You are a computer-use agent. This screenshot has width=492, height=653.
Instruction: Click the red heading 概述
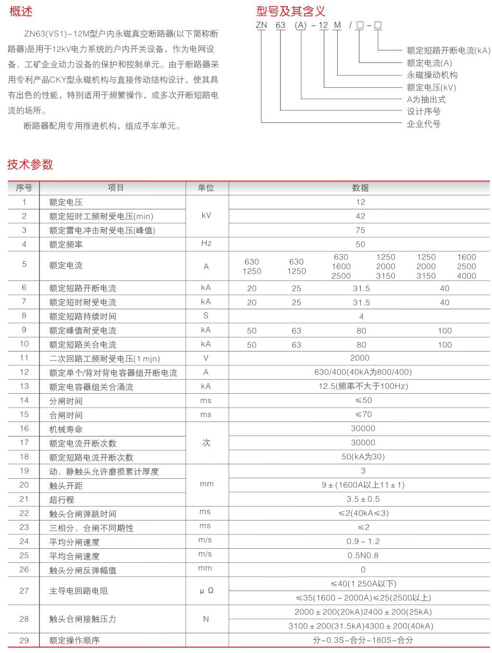click(21, 11)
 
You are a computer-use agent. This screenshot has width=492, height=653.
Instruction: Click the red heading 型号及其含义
click(291, 11)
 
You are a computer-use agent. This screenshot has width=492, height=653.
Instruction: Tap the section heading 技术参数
click(30, 164)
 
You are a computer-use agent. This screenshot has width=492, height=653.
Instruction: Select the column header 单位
click(206, 188)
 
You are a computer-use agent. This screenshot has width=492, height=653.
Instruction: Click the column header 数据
click(360, 188)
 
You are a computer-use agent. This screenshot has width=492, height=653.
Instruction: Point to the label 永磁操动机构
click(432, 75)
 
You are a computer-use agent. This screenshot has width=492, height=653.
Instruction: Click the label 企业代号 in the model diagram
click(423, 124)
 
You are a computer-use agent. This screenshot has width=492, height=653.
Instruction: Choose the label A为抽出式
click(426, 99)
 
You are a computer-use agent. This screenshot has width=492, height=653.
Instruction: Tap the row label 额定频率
click(66, 244)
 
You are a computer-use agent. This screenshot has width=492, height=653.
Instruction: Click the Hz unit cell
click(206, 243)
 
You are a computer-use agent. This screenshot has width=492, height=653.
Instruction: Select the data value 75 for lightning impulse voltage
click(360, 230)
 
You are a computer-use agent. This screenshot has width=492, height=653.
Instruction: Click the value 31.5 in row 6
click(361, 288)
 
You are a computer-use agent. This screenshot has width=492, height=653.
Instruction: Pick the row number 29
click(24, 640)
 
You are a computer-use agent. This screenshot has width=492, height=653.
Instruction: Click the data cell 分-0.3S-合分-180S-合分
click(363, 640)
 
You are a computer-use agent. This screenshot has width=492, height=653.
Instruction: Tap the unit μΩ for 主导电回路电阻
click(207, 591)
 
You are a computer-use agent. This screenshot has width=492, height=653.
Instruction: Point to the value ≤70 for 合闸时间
click(363, 414)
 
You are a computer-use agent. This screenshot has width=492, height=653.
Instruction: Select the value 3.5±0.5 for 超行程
click(363, 499)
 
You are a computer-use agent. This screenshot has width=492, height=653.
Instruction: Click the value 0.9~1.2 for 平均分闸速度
click(363, 542)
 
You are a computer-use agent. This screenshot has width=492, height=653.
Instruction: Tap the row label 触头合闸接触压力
click(83, 619)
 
